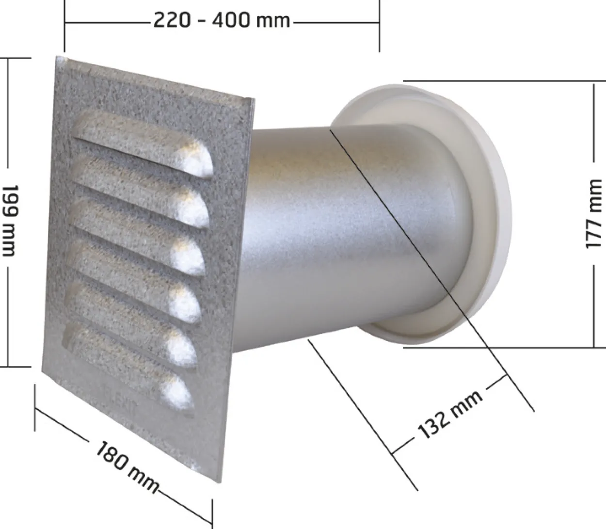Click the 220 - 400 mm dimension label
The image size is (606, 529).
click(x=222, y=21)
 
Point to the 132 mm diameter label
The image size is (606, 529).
click(x=449, y=414)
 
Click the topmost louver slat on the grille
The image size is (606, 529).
click(x=143, y=145)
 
